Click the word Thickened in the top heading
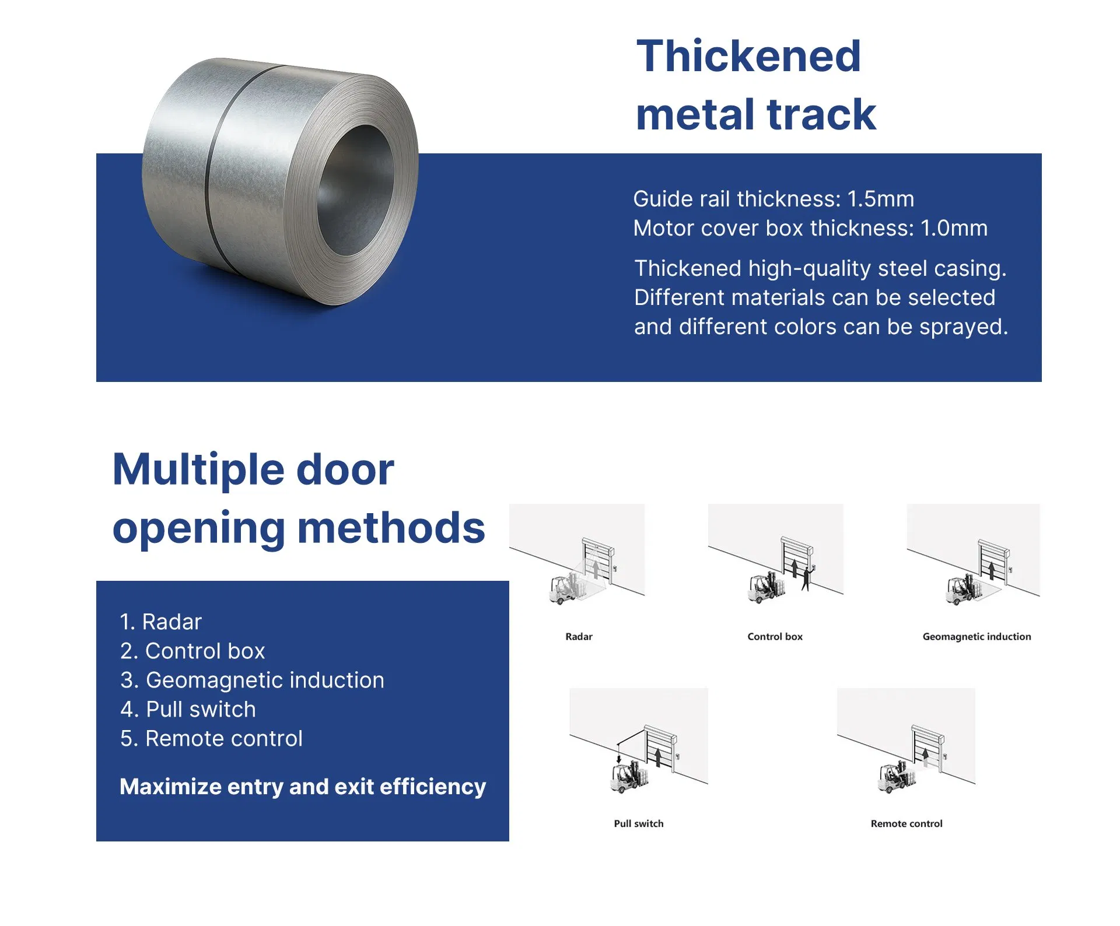tap(748, 56)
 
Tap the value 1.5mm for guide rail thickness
tap(880, 199)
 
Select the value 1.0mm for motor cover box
tap(954, 228)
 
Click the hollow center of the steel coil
tap(355, 190)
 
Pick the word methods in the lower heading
tap(391, 528)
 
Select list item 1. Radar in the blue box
tap(160, 622)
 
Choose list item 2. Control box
tap(192, 651)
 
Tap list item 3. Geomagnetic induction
tap(252, 681)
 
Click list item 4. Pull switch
tap(188, 709)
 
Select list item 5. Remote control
tap(211, 738)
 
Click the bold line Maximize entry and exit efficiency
tap(303, 787)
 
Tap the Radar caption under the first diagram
tap(579, 637)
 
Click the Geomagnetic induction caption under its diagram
tap(977, 637)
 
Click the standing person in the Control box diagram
tap(807, 578)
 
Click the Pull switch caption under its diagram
tap(639, 823)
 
